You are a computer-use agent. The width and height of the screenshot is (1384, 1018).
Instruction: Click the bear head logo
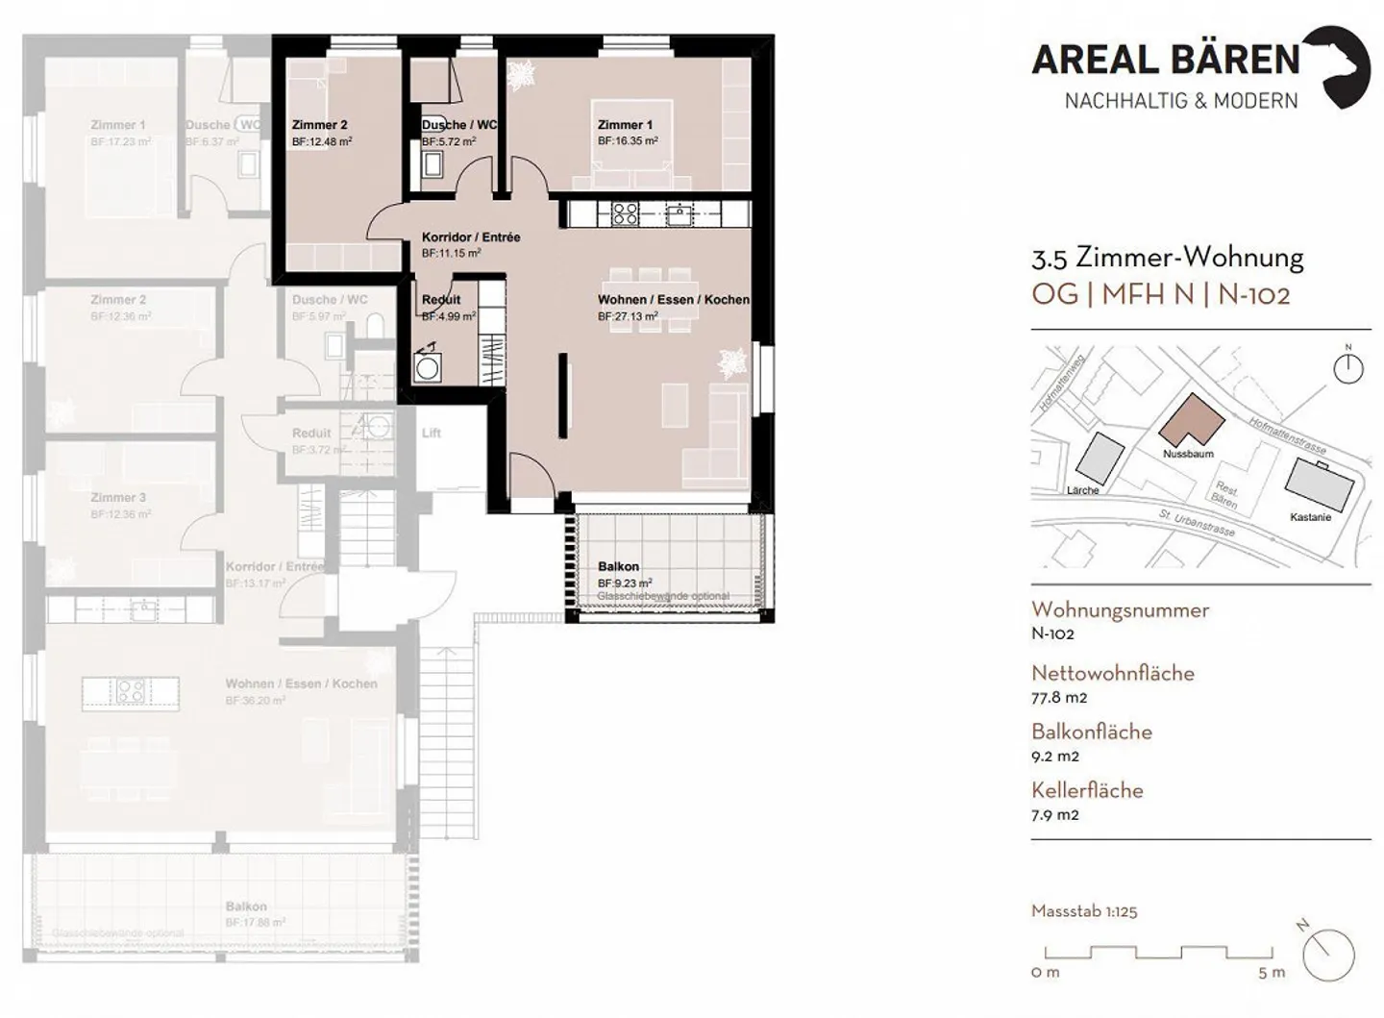coord(1342,65)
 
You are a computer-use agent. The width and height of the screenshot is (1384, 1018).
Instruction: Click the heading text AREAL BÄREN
coord(1165,60)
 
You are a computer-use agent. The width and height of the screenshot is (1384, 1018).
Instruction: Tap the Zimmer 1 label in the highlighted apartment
coord(625,125)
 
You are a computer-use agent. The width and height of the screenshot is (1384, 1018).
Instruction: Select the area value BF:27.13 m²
coord(628,316)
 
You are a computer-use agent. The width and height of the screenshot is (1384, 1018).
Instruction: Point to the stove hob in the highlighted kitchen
coord(625,213)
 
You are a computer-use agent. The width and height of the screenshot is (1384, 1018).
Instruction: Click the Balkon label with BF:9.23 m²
coord(618,567)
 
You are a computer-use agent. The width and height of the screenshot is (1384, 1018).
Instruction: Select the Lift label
coord(432,434)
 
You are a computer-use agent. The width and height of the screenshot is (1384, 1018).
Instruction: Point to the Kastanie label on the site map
coord(1310,517)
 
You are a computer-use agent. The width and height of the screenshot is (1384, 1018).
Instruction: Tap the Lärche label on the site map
coord(1082,490)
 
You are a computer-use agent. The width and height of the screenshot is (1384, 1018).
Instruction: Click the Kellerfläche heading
coord(1087,790)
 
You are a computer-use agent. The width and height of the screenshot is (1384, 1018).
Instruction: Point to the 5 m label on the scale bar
coord(1271,973)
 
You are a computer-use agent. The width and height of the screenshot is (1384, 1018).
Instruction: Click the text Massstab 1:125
coord(1083,911)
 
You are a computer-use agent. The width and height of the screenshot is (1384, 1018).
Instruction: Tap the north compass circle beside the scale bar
coord(1329,956)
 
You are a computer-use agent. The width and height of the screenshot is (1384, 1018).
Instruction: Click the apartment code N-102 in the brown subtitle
coord(1253,294)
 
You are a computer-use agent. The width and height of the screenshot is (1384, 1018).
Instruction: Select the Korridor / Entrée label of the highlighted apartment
coord(471,237)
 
